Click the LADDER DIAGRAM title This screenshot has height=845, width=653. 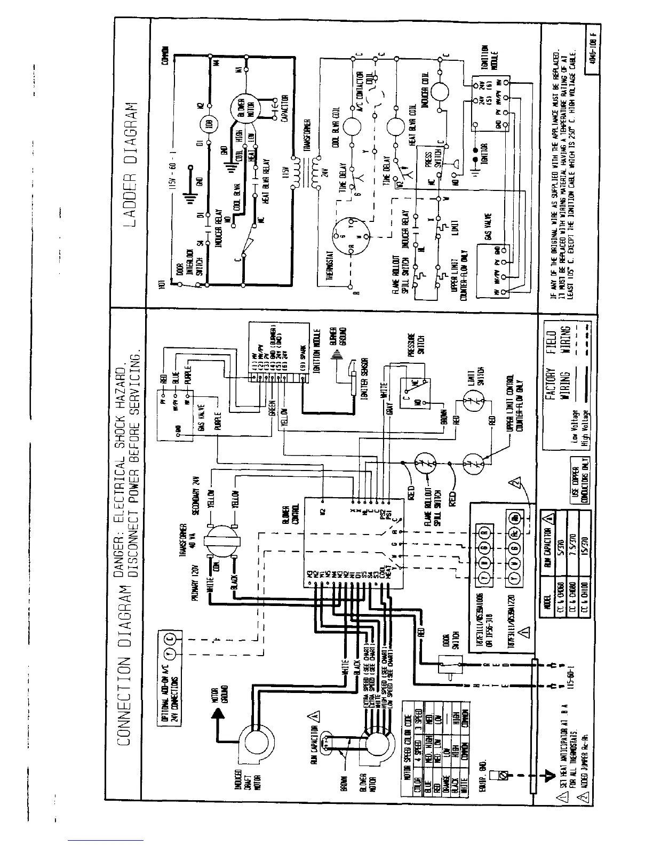click(x=130, y=162)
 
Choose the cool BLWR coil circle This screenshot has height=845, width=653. click(x=352, y=126)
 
